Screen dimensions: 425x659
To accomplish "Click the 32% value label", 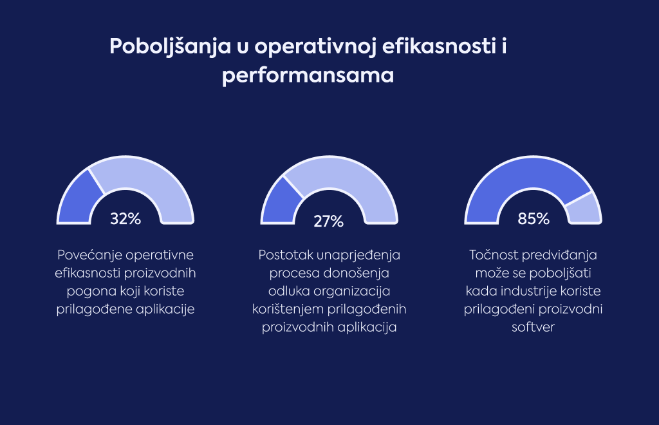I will pos(125,219).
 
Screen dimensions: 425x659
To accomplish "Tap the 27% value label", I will pos(329,222).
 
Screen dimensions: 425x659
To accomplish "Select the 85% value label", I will pos(534,219).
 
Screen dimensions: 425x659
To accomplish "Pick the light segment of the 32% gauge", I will pos(148,184).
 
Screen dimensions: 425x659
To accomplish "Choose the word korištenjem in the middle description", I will pos(289,310).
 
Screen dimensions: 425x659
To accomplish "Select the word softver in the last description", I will pos(534,327).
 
